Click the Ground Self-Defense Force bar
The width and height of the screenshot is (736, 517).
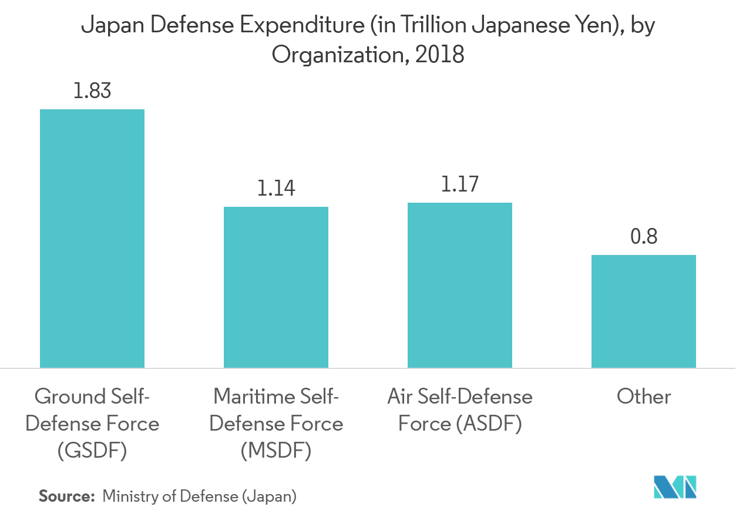(92, 238)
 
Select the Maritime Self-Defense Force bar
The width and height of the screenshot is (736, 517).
(275, 287)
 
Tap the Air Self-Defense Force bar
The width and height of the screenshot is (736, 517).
(459, 285)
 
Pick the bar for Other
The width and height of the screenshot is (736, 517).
(643, 311)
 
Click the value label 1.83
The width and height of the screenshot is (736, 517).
(92, 91)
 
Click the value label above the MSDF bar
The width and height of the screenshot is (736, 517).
(275, 188)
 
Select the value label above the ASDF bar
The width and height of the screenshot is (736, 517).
(459, 184)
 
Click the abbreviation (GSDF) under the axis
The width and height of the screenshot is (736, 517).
(92, 451)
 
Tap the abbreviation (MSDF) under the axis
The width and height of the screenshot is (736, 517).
(275, 451)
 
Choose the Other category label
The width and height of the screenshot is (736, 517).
(643, 397)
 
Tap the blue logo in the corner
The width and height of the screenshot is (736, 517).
(675, 487)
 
